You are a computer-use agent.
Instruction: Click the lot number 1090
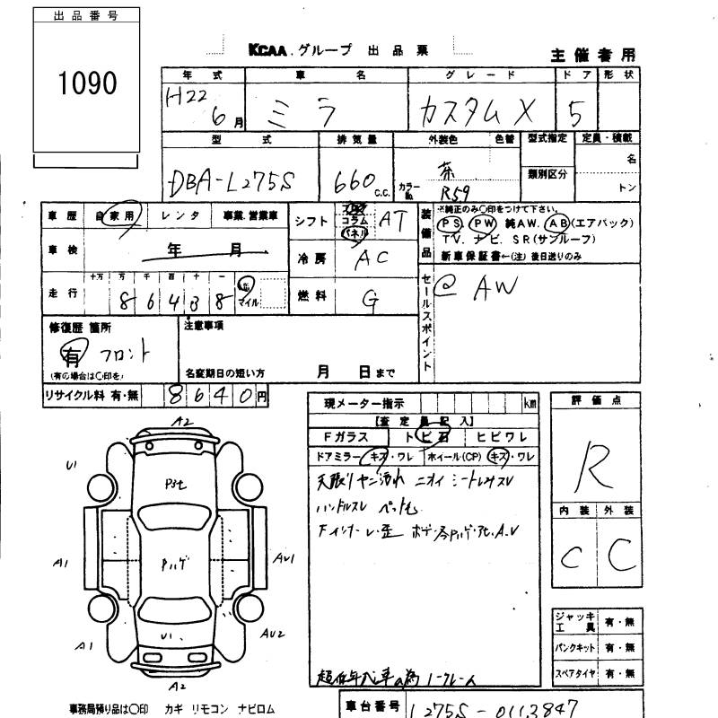[88, 83]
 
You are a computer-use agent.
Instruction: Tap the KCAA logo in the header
[273, 51]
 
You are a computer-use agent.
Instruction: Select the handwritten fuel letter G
[369, 301]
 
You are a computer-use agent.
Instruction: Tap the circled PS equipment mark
[451, 223]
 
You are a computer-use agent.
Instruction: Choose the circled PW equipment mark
[484, 223]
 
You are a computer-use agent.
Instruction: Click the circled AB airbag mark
[558, 223]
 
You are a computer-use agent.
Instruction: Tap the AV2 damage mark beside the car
[273, 634]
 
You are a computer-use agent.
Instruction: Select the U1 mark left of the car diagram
[71, 465]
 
